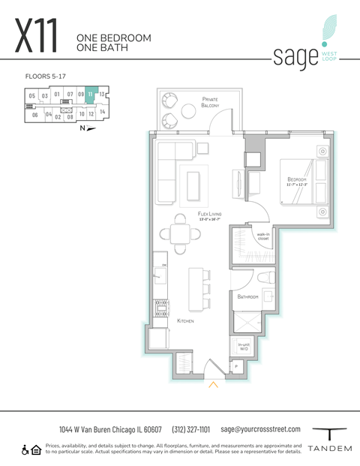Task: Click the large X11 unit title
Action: tap(36, 35)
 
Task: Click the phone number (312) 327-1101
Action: tap(192, 430)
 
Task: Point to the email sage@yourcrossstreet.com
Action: tap(260, 429)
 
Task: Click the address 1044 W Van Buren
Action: tap(111, 430)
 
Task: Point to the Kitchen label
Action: tap(185, 320)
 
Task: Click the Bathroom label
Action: tap(248, 297)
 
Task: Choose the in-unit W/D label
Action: tap(244, 346)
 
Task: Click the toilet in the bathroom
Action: tap(263, 279)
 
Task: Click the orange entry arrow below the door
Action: tap(213, 386)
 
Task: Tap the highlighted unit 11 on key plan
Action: tap(90, 95)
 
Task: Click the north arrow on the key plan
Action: tap(90, 128)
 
